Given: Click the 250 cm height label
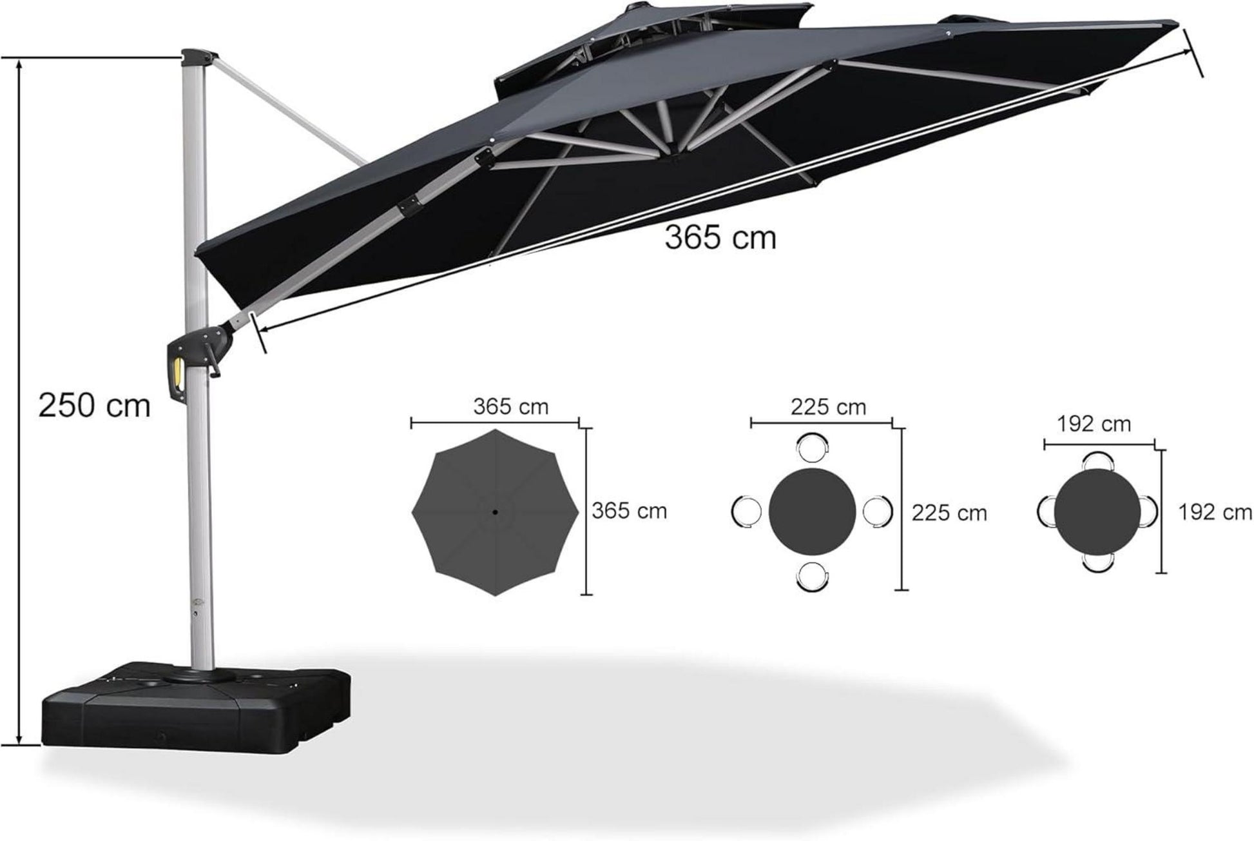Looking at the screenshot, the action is click(94, 406).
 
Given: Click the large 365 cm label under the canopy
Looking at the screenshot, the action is click(720, 238).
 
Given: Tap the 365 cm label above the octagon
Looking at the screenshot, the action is click(510, 407).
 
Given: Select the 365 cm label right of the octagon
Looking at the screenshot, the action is click(629, 511).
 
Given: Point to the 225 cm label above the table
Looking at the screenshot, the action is click(828, 407).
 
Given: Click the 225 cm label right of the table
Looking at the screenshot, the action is click(949, 513).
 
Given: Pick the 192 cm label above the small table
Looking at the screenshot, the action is click(1094, 424).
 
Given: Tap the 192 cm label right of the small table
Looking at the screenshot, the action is click(1215, 512).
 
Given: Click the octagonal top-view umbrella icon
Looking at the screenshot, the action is click(495, 512).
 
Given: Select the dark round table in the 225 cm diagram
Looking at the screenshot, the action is click(812, 512).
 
